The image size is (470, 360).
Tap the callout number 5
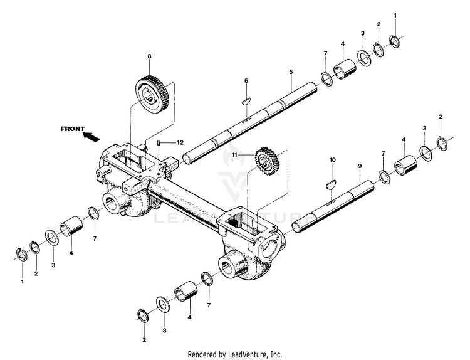tap(291, 72)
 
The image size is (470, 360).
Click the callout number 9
tap(360, 166)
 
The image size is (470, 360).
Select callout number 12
tap(179, 142)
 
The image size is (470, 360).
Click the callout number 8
tap(149, 57)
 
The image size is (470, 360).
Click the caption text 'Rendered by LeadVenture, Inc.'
tap(235, 354)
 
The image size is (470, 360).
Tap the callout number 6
tap(246, 81)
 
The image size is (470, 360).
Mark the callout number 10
tap(332, 160)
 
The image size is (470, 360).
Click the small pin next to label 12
tap(161, 143)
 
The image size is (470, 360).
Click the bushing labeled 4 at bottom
tap(185, 292)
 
